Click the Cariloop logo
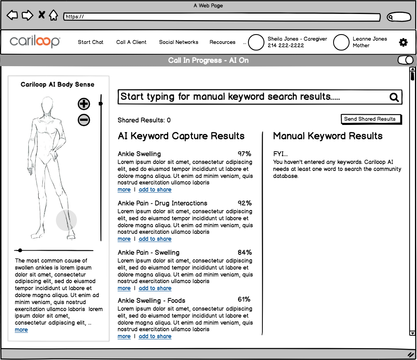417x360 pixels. coord(35,42)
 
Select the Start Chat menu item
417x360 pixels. coord(90,42)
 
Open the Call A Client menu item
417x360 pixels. coord(131,42)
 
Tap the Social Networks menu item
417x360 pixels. coord(178,42)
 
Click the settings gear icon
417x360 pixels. coord(403,42)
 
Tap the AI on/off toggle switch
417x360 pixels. coord(405,60)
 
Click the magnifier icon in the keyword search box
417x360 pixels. coord(394,97)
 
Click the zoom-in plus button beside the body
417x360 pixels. coord(84,104)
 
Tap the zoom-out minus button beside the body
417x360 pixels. coord(84,120)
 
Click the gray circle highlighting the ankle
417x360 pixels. coord(66,220)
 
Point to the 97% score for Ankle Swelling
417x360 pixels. coord(244,154)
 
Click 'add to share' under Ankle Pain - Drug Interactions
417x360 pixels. coord(155,239)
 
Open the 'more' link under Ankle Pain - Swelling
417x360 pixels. coord(124,288)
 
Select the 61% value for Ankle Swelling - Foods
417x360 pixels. coord(244,299)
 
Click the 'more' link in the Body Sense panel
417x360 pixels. coord(21,330)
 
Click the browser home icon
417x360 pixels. coord(53,16)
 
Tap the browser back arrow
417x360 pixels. coord(12,16)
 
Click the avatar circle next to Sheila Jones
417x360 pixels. coord(256,42)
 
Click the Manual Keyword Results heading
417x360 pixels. coord(328,136)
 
